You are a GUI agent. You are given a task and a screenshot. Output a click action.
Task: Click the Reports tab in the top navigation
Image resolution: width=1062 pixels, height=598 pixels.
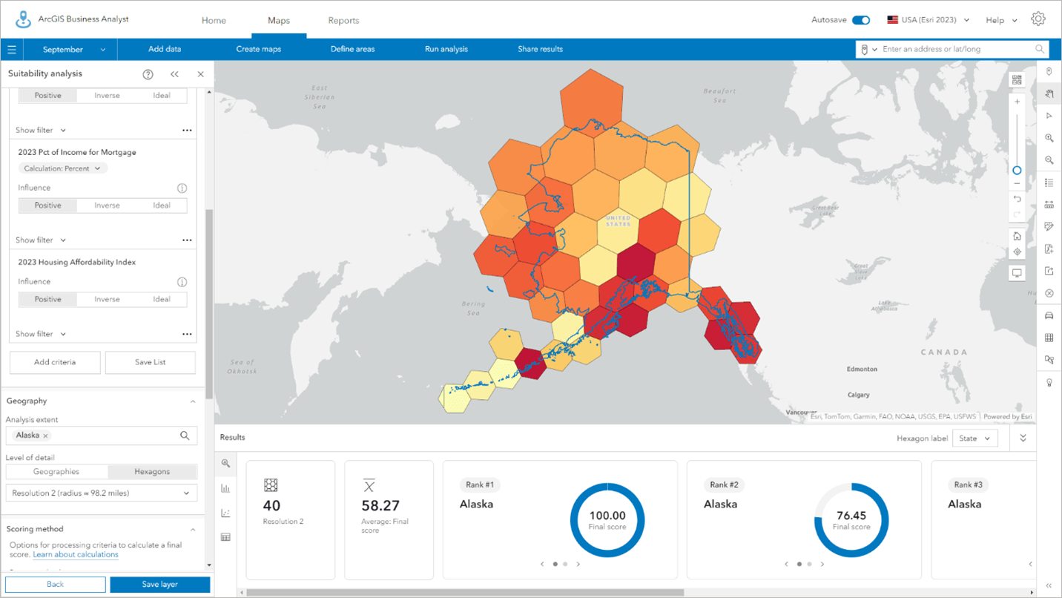click(343, 20)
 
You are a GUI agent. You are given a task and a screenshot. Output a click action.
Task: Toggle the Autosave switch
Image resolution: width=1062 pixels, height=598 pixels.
click(860, 20)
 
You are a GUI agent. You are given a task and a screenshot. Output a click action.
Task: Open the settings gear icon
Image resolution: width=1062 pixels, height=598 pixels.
click(1038, 19)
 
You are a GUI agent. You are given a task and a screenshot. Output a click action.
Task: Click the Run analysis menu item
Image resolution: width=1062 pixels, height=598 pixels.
click(446, 49)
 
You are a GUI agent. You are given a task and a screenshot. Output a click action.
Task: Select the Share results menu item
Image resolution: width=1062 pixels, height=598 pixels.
click(540, 49)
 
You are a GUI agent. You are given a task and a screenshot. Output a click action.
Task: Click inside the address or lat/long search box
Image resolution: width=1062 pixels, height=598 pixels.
click(957, 49)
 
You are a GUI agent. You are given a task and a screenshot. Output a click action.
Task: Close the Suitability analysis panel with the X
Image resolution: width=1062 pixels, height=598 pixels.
click(200, 74)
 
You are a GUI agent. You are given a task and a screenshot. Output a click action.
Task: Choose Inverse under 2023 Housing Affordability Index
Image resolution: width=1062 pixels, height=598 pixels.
click(107, 299)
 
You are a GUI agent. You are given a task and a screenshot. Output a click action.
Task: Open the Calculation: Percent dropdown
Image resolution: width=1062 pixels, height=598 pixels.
click(62, 168)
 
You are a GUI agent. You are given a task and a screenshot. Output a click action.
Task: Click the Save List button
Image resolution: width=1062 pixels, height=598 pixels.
click(151, 362)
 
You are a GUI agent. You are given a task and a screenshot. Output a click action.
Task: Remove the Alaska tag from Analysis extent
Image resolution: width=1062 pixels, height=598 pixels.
click(46, 436)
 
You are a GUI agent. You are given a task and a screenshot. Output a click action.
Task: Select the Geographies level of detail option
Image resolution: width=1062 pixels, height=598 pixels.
click(56, 472)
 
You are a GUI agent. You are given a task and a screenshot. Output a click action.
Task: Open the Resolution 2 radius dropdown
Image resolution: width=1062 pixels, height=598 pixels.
click(102, 493)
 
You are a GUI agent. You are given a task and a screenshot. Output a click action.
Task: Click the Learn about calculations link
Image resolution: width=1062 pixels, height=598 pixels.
click(76, 554)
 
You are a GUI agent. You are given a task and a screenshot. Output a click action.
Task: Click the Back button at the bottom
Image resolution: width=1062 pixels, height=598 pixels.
click(56, 585)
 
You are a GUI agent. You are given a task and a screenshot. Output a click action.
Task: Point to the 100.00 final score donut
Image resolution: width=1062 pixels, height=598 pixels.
click(607, 519)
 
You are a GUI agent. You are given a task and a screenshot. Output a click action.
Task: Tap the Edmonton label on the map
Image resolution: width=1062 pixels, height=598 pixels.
click(862, 369)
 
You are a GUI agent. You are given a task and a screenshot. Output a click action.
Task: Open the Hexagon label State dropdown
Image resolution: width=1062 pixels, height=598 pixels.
click(974, 438)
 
